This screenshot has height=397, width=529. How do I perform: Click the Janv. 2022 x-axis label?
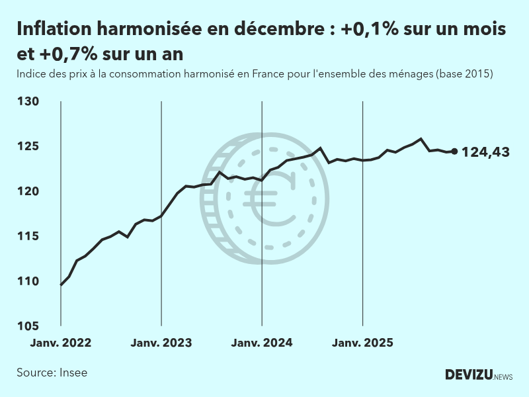pyautogui.click(x=61, y=343)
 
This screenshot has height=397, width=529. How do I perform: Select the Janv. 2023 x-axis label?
pyautogui.click(x=161, y=343)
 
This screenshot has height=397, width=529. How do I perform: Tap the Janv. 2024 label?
pyautogui.click(x=262, y=343)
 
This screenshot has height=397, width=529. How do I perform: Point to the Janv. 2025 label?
pyautogui.click(x=362, y=343)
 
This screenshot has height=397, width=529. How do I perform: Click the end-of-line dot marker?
pyautogui.click(x=454, y=152)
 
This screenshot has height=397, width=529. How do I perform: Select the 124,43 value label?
pyautogui.click(x=485, y=152)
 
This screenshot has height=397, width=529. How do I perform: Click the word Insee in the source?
pyautogui.click(x=73, y=373)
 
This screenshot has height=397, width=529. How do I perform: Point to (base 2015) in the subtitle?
pyautogui.click(x=464, y=74)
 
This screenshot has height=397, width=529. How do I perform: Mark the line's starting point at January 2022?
pyautogui.click(x=61, y=285)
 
